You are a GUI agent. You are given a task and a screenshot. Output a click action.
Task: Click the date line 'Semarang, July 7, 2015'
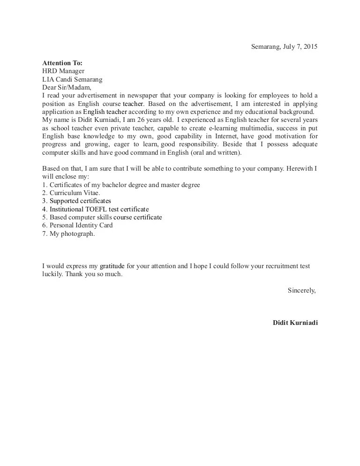pos(284,46)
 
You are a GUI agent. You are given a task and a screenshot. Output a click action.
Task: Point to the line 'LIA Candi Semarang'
pos(72,79)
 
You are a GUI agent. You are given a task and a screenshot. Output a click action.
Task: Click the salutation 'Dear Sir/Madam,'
pos(67,87)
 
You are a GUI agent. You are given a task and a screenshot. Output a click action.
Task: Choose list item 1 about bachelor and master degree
pos(121,185)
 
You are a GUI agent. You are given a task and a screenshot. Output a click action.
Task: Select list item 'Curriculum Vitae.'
pos(71,193)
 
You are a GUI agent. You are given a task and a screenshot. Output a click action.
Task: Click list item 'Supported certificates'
pos(77,201)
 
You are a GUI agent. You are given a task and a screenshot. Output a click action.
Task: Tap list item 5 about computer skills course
pos(102,217)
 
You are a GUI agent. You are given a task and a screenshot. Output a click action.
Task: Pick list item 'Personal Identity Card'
pos(77,225)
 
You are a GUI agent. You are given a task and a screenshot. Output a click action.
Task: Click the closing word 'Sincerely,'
pos(301,290)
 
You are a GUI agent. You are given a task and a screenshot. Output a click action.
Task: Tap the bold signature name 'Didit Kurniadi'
pos(295,323)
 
